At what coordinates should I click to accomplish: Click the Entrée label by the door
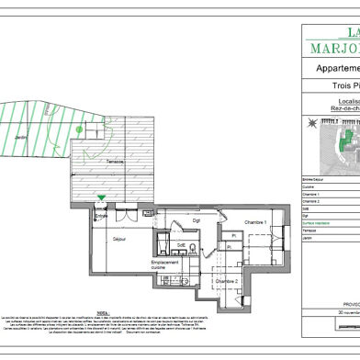(100, 217)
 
